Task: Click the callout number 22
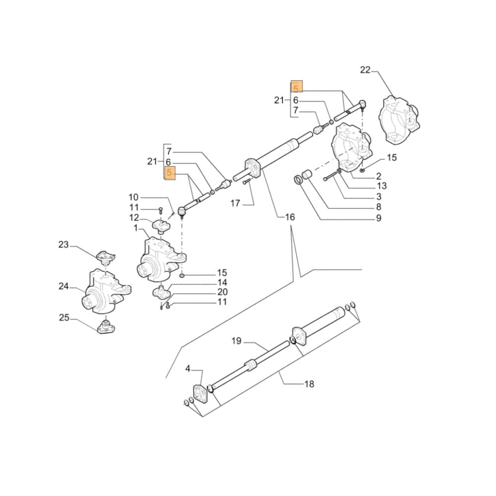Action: [365, 70]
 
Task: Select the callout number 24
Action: [64, 286]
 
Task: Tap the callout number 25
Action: [64, 318]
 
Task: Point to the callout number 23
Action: [63, 245]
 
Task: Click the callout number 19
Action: [236, 341]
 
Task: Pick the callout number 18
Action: [309, 384]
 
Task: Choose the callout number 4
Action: [188, 369]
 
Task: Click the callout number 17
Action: [235, 203]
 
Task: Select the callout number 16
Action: [290, 217]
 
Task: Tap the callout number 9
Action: [378, 218]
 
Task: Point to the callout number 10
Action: [134, 197]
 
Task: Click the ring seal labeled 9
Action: [300, 180]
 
